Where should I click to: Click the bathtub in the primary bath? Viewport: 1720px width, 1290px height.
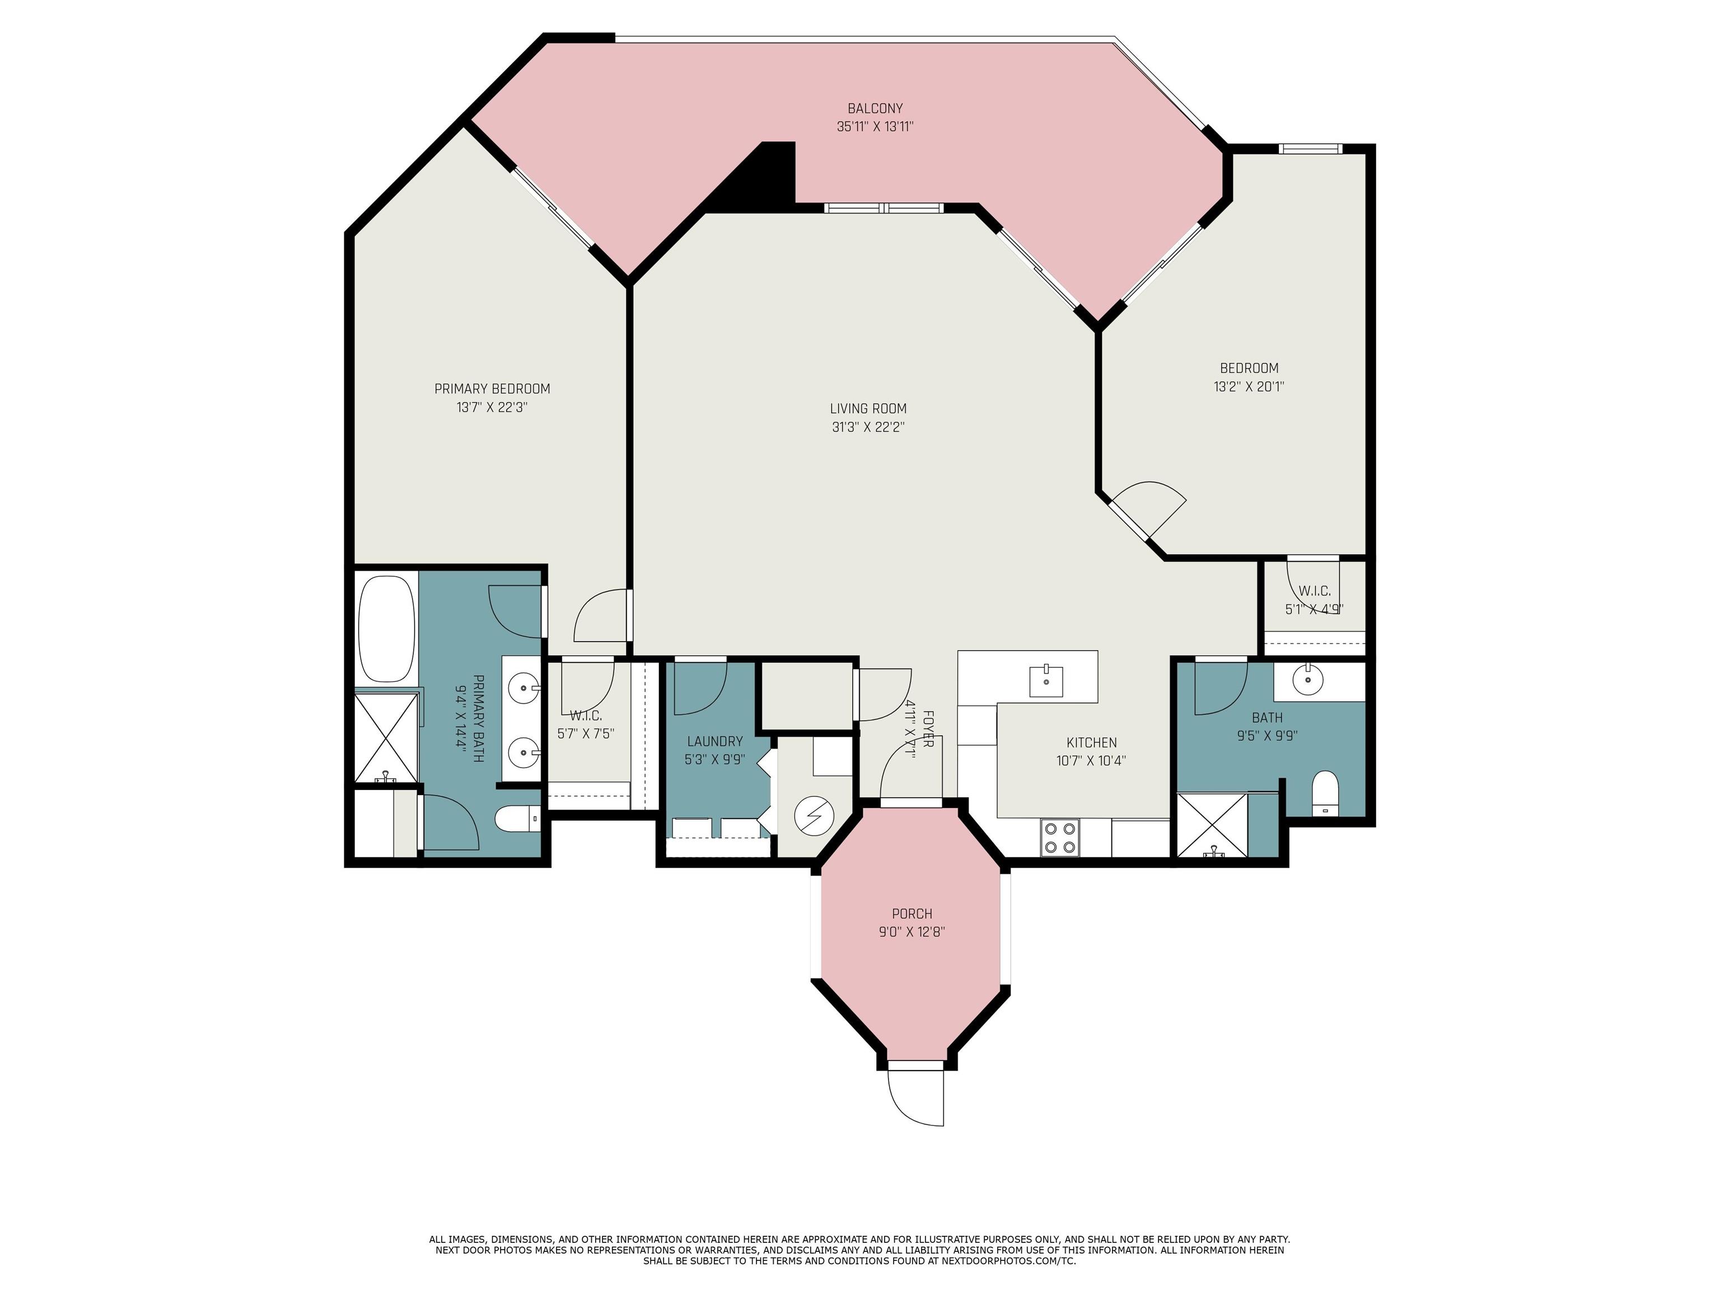pyautogui.click(x=386, y=628)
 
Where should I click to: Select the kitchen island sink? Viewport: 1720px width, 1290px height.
pyautogui.click(x=1046, y=680)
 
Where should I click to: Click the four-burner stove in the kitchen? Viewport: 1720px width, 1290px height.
pyautogui.click(x=1060, y=838)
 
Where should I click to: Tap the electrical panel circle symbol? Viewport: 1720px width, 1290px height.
pyautogui.click(x=814, y=816)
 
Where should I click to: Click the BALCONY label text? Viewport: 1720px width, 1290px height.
pyautogui.click(x=875, y=109)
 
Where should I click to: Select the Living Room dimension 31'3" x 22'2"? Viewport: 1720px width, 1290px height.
pyautogui.click(x=868, y=427)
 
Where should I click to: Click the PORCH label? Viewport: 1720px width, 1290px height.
pyautogui.click(x=912, y=914)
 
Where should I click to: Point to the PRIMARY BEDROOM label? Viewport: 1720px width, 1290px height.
pyautogui.click(x=492, y=389)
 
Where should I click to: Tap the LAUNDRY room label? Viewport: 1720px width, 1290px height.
pyautogui.click(x=714, y=741)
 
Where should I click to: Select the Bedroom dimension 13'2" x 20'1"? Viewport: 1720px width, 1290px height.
pyautogui.click(x=1249, y=386)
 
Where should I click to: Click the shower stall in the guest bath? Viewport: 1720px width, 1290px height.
pyautogui.click(x=1210, y=824)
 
